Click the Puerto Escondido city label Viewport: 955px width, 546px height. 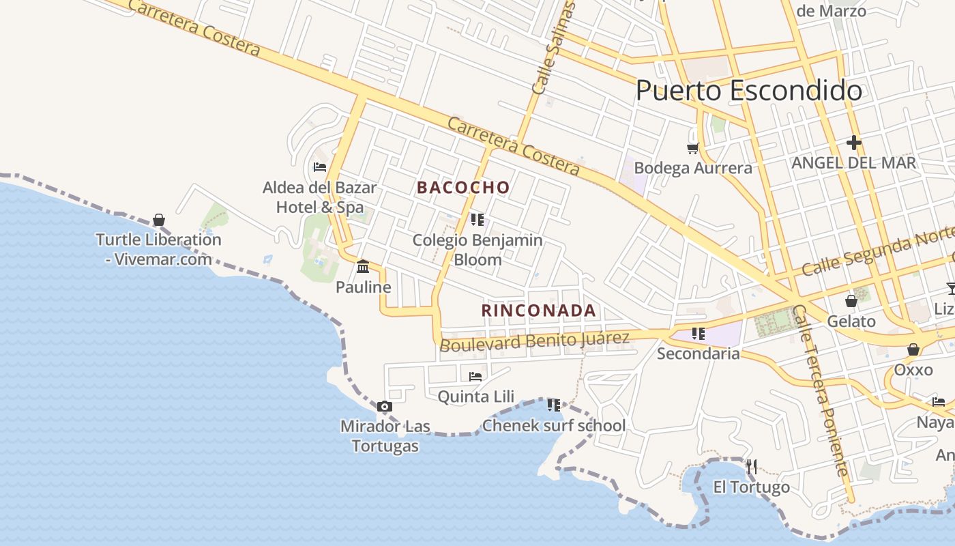pos(748,91)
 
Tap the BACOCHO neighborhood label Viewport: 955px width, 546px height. pos(463,188)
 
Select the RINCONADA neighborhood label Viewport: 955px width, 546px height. pos(539,311)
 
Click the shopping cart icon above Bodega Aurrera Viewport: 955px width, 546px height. pos(692,148)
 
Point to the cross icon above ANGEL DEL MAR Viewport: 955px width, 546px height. pos(853,143)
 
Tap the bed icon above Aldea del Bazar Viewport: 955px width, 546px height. pos(319,167)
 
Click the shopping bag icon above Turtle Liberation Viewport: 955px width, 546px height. pos(159,220)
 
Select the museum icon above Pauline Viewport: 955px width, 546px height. pos(363,265)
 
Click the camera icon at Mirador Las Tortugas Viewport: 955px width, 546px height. pos(385,407)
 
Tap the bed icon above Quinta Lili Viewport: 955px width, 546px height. pos(475,376)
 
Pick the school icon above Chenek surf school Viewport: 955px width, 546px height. pos(553,405)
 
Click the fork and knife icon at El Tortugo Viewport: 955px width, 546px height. pos(751,467)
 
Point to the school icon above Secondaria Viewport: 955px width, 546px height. pos(698,334)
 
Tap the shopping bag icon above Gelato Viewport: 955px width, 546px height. pos(851,300)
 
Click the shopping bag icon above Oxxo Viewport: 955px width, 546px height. pos(913,350)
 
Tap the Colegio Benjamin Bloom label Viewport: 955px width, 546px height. pos(477,250)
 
